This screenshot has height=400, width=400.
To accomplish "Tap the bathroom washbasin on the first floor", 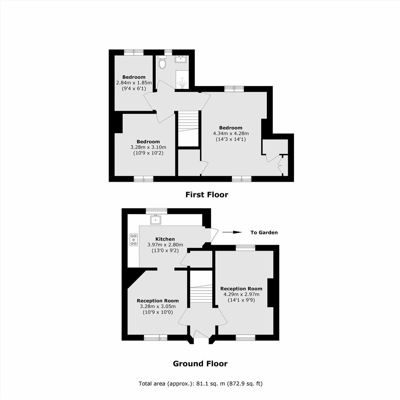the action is click(x=181, y=59).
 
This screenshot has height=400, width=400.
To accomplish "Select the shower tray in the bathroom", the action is click(x=182, y=80).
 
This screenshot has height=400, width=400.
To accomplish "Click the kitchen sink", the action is click(x=155, y=220).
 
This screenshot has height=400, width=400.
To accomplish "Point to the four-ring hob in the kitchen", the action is click(x=134, y=240).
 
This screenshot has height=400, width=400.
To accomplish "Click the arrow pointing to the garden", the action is click(x=232, y=232).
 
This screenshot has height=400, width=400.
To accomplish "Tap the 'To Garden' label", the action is click(x=264, y=232).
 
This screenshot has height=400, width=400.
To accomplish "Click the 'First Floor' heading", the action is click(x=207, y=194).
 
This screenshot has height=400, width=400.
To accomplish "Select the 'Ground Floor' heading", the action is click(x=200, y=363).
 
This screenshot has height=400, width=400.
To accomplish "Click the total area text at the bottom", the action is click(x=200, y=383).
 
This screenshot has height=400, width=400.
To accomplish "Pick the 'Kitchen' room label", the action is click(x=165, y=239).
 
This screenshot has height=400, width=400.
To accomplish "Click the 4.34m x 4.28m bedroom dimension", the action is click(x=231, y=134).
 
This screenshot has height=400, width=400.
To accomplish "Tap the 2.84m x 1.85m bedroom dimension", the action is click(x=134, y=83).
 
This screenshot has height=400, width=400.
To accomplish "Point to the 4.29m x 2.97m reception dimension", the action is click(x=241, y=294).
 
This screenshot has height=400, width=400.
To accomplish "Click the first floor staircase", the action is click(x=188, y=121).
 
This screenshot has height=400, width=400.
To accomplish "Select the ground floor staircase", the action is click(x=201, y=293).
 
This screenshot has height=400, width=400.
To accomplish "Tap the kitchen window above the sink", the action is click(x=156, y=211).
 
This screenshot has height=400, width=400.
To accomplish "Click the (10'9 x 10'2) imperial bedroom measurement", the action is click(x=148, y=153).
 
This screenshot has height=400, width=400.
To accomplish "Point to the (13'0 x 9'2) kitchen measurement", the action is click(x=165, y=251).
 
